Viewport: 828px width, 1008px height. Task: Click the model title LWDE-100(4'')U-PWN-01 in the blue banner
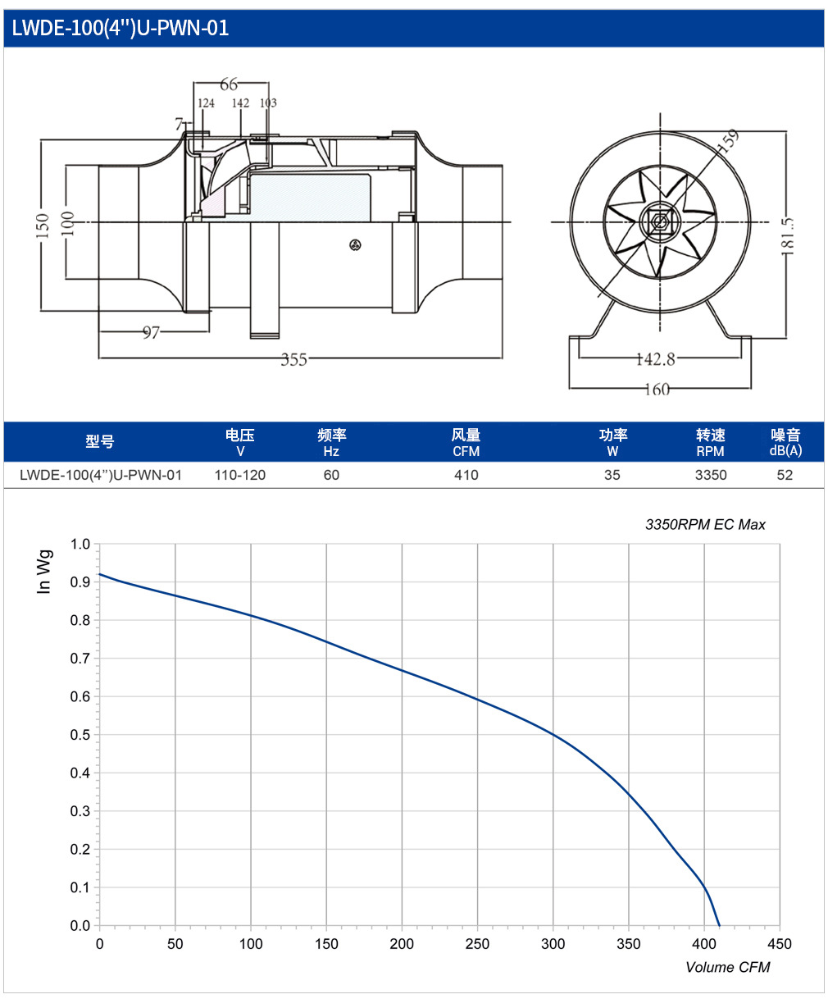pyautogui.click(x=120, y=28)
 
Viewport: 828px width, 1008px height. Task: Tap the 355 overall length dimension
pyautogui.click(x=293, y=359)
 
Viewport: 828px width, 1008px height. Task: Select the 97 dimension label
pyautogui.click(x=151, y=332)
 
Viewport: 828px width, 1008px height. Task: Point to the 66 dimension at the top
pyautogui.click(x=229, y=84)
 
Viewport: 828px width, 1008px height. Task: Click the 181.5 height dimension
pyautogui.click(x=787, y=235)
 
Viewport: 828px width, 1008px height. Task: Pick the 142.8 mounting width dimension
pyautogui.click(x=656, y=359)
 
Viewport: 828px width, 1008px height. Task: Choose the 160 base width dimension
pyautogui.click(x=657, y=390)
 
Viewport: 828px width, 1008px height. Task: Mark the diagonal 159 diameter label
pyautogui.click(x=728, y=141)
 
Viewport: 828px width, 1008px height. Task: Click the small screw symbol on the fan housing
pyautogui.click(x=355, y=244)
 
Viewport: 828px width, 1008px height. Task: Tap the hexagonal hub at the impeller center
pyautogui.click(x=660, y=221)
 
